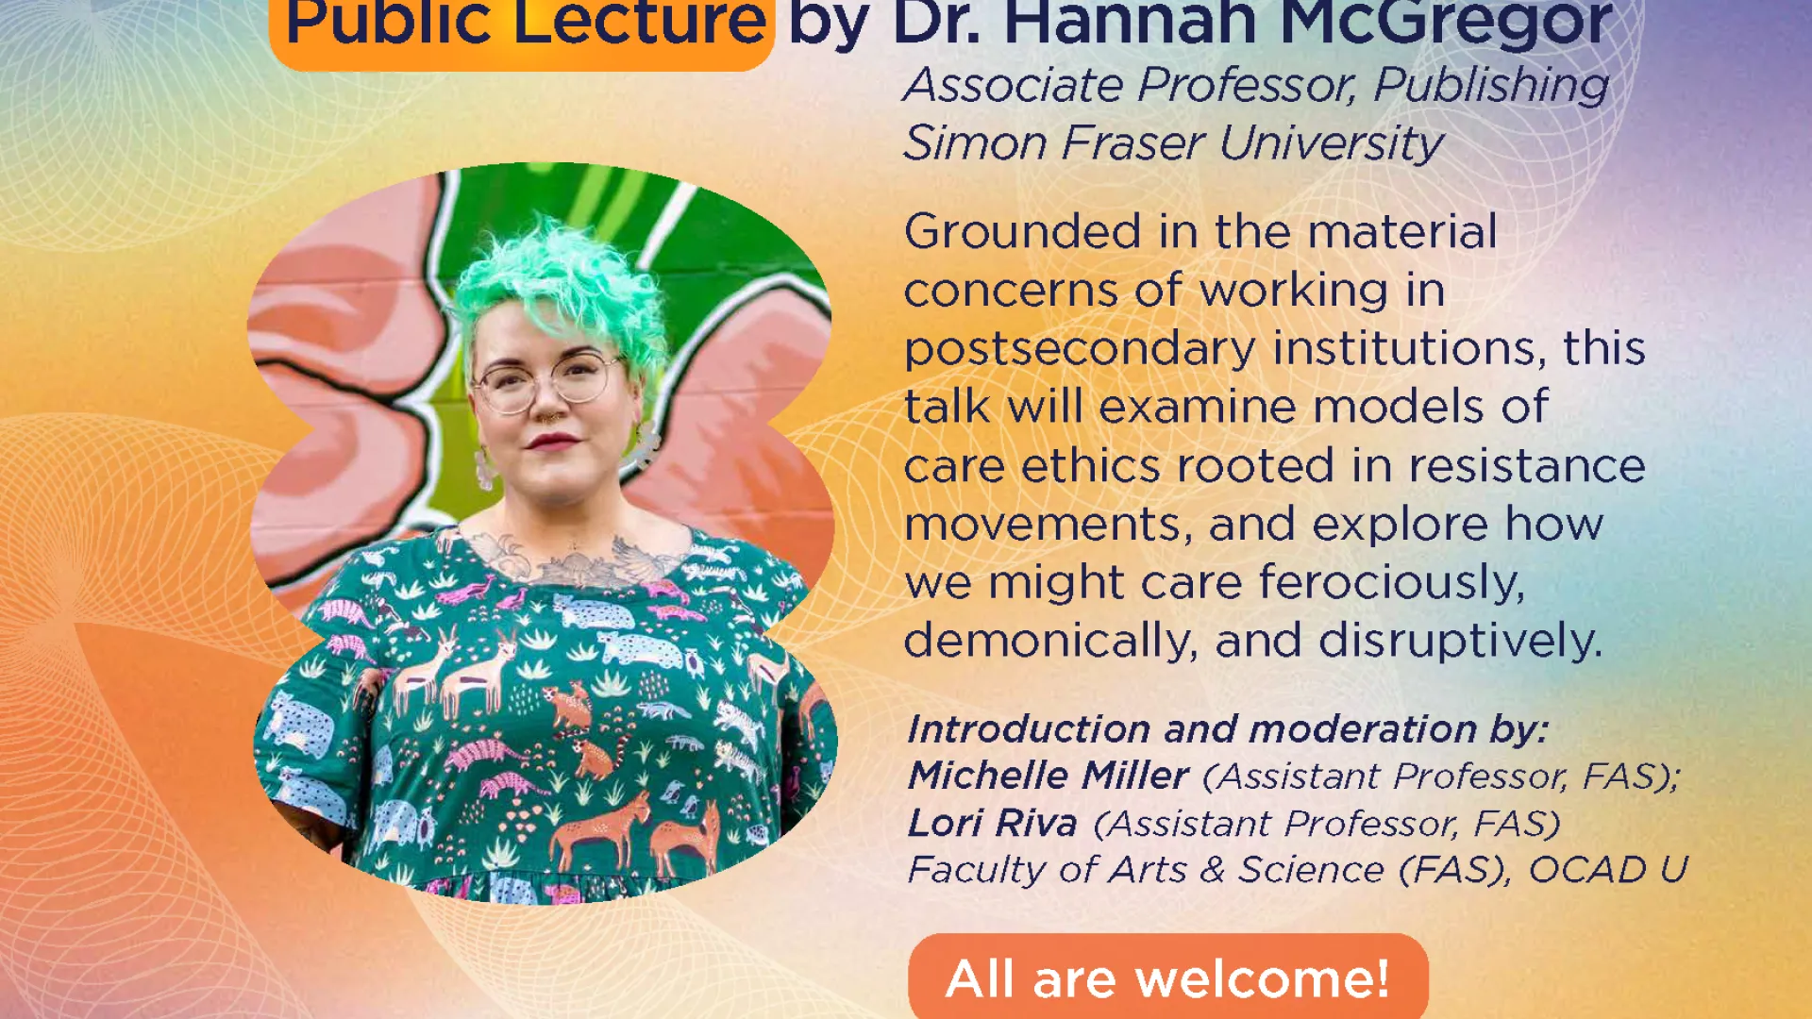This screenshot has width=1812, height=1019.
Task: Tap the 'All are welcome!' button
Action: click(x=1168, y=977)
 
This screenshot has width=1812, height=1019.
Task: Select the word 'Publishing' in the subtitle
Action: click(x=1491, y=87)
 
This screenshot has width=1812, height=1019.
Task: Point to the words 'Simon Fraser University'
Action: click(x=1173, y=144)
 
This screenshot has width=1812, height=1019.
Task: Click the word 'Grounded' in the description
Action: click(x=1022, y=231)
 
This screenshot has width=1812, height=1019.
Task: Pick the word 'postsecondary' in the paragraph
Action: click(x=1080, y=350)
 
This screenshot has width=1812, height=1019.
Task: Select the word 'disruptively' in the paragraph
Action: click(x=1460, y=642)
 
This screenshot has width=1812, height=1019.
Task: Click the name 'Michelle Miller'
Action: click(x=1048, y=776)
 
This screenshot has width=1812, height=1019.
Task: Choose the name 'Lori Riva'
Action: click(x=992, y=823)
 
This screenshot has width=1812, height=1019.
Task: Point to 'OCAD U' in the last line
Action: click(x=1607, y=869)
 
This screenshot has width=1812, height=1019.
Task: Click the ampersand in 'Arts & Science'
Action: click(x=1212, y=870)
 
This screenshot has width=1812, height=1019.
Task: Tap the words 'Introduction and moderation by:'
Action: click(x=1228, y=729)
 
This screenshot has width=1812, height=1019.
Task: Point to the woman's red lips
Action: click(x=551, y=441)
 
